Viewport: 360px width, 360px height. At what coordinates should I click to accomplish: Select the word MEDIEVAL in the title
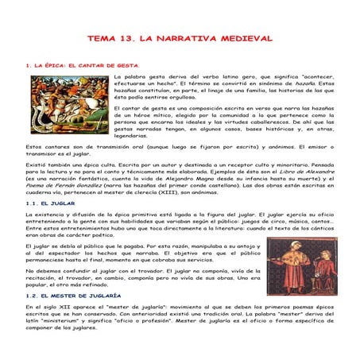coord(245,38)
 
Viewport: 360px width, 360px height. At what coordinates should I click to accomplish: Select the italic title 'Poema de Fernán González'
coord(64,189)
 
